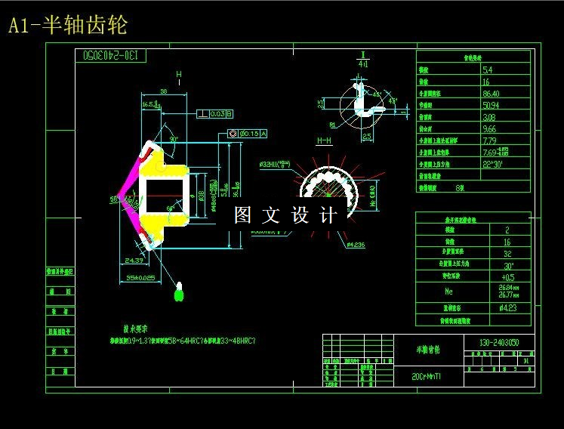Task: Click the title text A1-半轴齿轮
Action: click(67, 26)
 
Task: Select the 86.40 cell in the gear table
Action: click(490, 94)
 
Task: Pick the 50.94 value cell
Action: click(490, 105)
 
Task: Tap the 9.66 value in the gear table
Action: click(488, 129)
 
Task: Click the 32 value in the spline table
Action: click(507, 253)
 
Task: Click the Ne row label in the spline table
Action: click(449, 291)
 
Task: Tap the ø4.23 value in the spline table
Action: click(508, 307)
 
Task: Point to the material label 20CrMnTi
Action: click(427, 375)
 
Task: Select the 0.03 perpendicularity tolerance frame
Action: click(214, 114)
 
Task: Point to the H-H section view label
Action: click(324, 141)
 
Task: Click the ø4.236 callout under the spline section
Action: click(354, 245)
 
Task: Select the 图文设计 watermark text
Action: click(285, 215)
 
